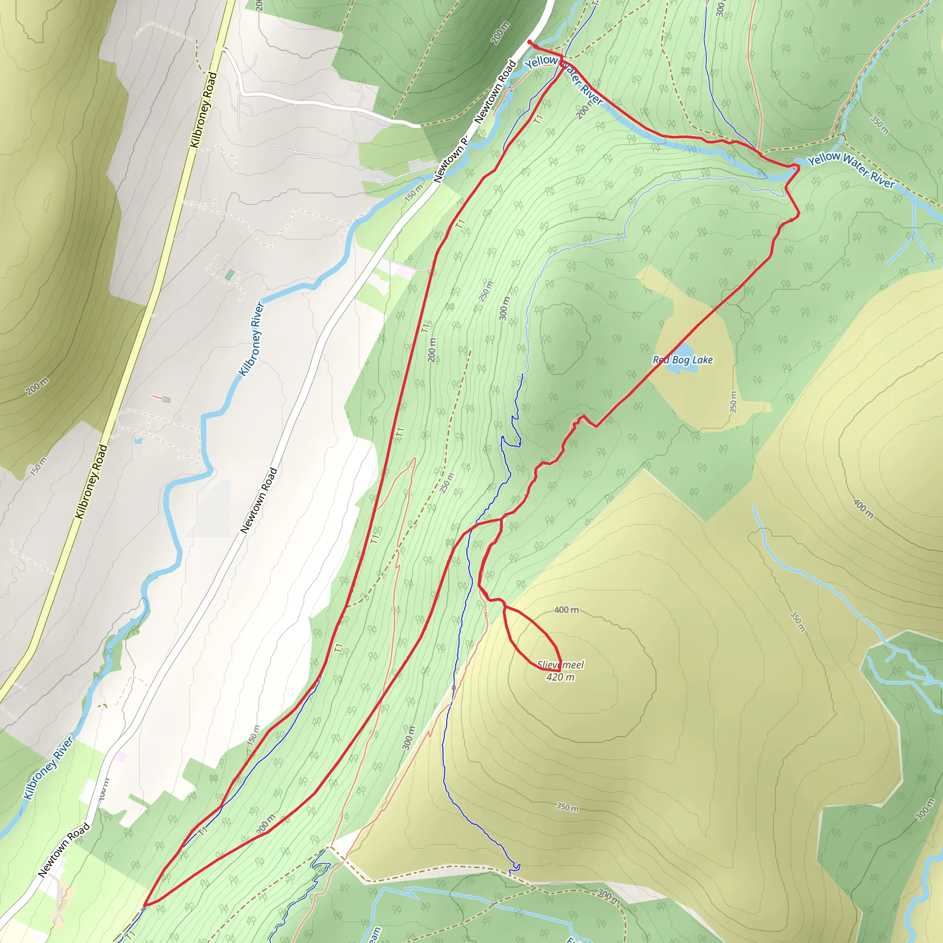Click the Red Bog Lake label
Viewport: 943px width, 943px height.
pyautogui.click(x=683, y=360)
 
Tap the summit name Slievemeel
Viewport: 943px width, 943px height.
pyautogui.click(x=561, y=664)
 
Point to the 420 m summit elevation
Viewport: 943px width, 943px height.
pyautogui.click(x=560, y=677)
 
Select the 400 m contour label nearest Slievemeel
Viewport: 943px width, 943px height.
pyautogui.click(x=567, y=610)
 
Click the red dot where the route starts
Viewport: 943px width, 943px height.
pyautogui.click(x=530, y=42)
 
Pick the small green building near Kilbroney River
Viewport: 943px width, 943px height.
pyautogui.click(x=229, y=274)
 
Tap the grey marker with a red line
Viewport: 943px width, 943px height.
pyautogui.click(x=165, y=399)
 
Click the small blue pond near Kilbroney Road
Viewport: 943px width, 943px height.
pyautogui.click(x=138, y=441)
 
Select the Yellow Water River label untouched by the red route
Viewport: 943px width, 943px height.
pyautogui.click(x=852, y=169)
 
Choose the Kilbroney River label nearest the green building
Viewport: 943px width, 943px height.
pyautogui.click(x=251, y=339)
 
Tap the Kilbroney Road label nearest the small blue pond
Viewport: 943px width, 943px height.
pyautogui.click(x=91, y=481)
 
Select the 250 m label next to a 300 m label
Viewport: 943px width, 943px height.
pyautogui.click(x=486, y=291)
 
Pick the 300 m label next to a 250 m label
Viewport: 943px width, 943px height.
pyautogui.click(x=505, y=308)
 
